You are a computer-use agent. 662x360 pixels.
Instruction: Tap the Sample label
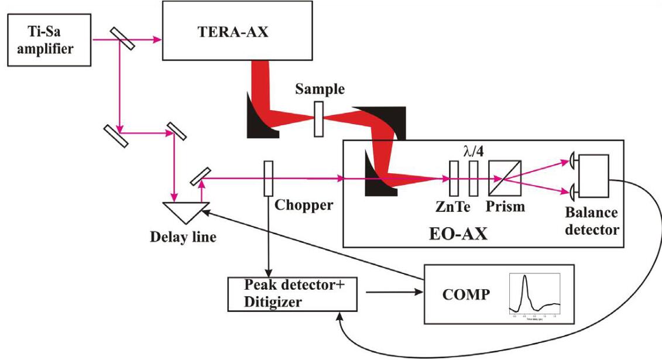pyautogui.click(x=320, y=90)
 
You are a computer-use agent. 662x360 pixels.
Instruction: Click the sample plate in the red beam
pyautogui.click(x=318, y=119)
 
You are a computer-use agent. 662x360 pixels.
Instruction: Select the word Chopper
pyautogui.click(x=304, y=205)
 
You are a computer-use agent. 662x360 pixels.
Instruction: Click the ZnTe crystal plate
pyautogui.click(x=454, y=179)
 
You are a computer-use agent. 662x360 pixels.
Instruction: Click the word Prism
pyautogui.click(x=505, y=207)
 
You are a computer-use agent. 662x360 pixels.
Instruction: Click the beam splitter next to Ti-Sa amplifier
pyautogui.click(x=121, y=40)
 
